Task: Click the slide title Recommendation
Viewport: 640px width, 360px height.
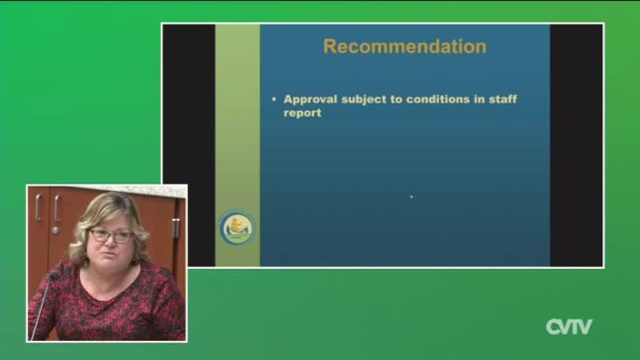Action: (405, 46)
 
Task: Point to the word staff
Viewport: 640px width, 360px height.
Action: (503, 98)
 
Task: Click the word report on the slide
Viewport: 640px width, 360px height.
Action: (302, 113)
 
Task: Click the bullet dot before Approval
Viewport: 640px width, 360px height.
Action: (274, 99)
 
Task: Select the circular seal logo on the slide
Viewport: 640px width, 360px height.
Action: (238, 228)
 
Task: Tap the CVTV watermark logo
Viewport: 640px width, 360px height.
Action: (569, 326)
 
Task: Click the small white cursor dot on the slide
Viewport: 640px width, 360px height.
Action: (411, 197)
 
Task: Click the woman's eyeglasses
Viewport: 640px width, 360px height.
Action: (111, 235)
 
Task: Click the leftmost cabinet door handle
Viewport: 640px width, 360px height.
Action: (38, 208)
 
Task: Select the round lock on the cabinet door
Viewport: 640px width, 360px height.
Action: (54, 230)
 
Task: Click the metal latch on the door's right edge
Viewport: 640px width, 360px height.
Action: (175, 228)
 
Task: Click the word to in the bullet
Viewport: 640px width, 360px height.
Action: (396, 99)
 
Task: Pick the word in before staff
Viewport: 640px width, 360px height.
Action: (479, 99)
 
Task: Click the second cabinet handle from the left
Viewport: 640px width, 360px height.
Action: (57, 209)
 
